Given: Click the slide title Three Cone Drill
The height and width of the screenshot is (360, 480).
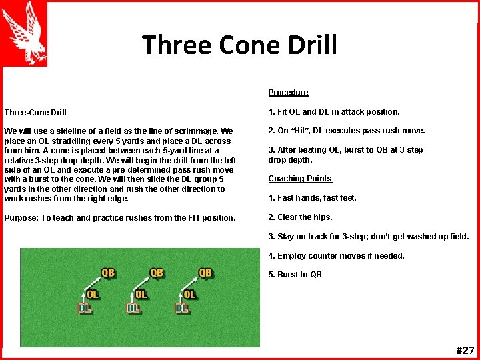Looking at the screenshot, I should click(239, 45).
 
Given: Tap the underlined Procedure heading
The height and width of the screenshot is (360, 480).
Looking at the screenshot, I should click(288, 93).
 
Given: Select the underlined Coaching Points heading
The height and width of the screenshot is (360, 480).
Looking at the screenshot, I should click(299, 179).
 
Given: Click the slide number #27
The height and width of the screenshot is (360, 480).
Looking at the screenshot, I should click(465, 351).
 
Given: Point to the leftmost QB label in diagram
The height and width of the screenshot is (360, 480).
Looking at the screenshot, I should click(108, 273).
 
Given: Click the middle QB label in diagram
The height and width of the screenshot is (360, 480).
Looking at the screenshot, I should click(157, 273).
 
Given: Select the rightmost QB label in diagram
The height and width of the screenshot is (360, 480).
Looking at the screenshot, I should click(205, 273).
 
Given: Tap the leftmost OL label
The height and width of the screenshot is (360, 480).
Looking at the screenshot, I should click(93, 294).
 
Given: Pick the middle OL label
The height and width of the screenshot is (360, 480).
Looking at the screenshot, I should click(141, 294).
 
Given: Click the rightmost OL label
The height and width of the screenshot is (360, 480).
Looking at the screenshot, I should click(190, 294).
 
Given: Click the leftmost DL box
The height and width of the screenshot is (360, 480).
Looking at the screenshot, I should click(85, 308).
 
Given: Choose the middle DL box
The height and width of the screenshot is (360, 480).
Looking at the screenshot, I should click(133, 308).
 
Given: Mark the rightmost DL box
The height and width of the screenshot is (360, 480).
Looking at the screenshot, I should click(182, 308).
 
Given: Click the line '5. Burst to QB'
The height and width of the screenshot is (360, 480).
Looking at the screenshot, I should click(295, 275).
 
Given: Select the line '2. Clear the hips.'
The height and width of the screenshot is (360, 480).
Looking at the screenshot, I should click(300, 217).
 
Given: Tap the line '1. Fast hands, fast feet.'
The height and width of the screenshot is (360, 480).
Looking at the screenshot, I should click(312, 198).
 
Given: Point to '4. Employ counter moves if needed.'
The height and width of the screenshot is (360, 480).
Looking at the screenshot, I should click(336, 256).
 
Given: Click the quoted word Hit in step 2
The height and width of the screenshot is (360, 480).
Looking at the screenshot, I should click(305, 131).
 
